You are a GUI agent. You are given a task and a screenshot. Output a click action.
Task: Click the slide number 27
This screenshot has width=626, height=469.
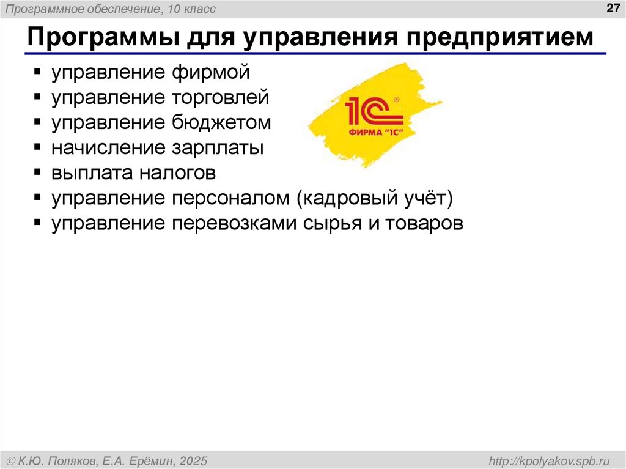coord(611,8)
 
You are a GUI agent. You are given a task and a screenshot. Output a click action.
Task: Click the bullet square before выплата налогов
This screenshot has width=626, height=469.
coord(38,173)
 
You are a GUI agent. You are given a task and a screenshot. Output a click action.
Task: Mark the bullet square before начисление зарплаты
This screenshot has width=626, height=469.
coord(38,148)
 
